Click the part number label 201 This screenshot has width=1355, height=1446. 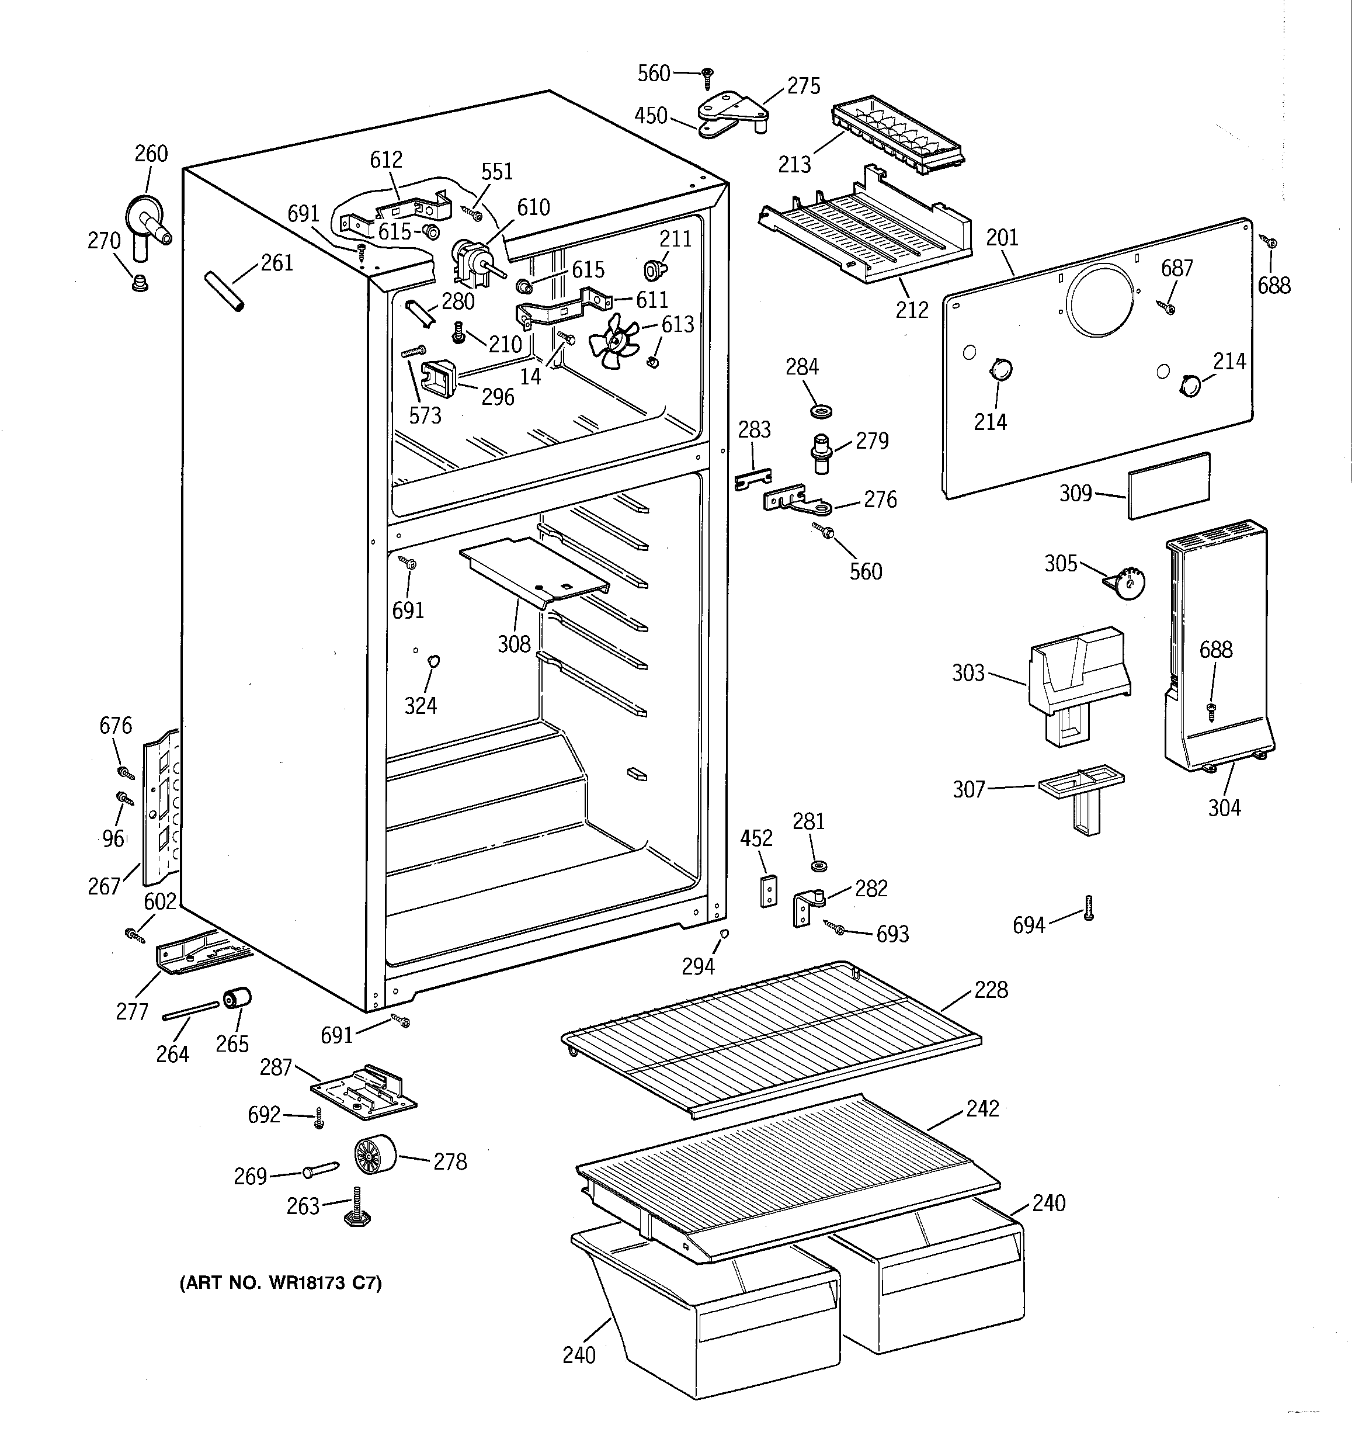[1002, 238]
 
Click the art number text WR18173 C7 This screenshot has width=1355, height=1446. [280, 1283]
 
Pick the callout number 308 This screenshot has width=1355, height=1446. [513, 644]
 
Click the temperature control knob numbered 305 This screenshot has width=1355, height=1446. [1127, 582]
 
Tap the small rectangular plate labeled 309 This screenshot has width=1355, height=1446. [1169, 486]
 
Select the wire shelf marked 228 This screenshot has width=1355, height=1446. [771, 1039]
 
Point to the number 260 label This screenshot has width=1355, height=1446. [151, 154]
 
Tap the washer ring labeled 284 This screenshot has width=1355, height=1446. [819, 412]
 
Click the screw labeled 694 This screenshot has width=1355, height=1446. [1089, 908]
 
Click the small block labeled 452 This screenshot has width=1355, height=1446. [768, 890]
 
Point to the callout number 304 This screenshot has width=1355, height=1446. [1224, 807]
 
